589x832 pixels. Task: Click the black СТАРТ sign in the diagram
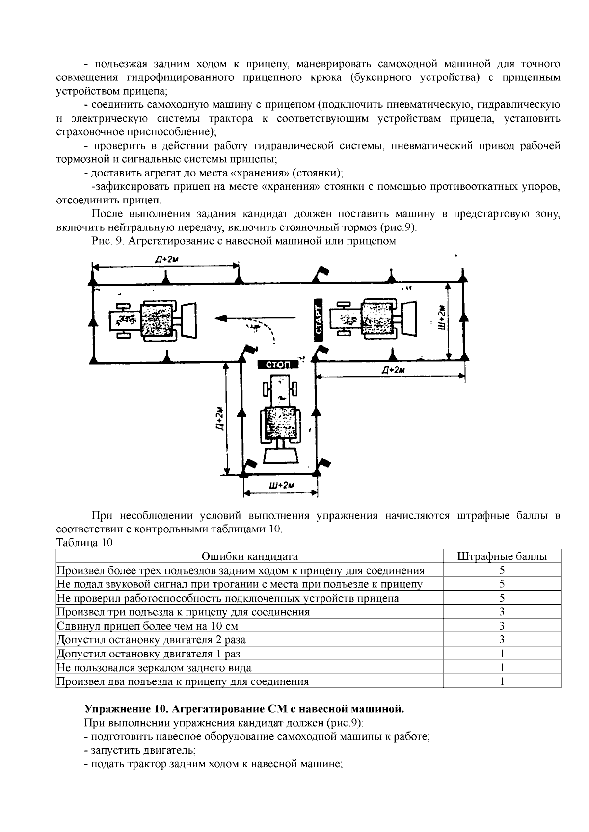[x=318, y=320]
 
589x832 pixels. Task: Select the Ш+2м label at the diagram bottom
[x=281, y=485]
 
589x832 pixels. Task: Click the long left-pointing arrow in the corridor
[x=255, y=318]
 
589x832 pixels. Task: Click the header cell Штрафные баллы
[x=502, y=556]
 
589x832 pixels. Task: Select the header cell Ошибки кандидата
[x=250, y=556]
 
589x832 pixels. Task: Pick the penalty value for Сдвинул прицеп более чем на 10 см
[x=502, y=626]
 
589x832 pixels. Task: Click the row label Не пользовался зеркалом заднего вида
[x=154, y=667]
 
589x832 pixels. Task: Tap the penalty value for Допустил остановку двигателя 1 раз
[x=502, y=654]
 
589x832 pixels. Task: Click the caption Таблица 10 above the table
[x=85, y=543]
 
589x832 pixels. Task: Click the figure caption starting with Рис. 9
[x=244, y=241]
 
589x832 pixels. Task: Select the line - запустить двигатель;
[x=140, y=750]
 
